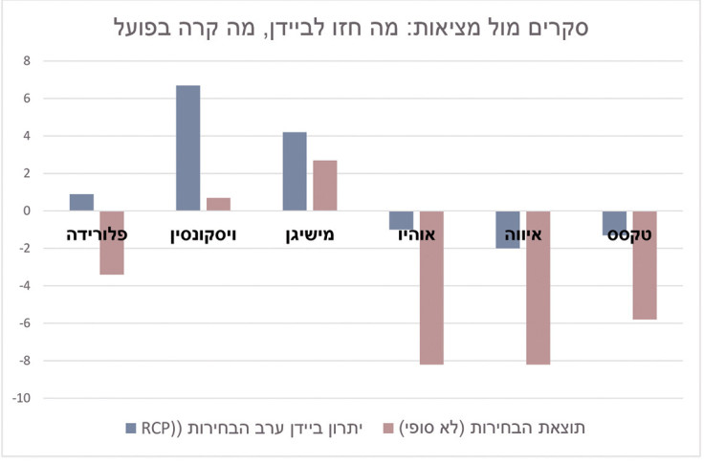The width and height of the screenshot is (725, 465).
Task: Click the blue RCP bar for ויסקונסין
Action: [188, 147]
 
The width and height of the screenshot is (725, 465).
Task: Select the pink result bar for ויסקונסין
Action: [218, 204]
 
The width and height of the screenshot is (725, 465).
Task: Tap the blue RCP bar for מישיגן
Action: [295, 171]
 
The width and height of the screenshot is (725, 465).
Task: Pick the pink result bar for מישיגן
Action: [325, 186]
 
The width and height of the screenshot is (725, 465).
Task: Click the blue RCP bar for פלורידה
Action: [82, 202]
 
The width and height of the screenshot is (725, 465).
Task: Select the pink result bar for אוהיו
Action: [431, 287]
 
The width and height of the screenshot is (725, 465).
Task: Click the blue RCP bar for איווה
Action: [508, 230]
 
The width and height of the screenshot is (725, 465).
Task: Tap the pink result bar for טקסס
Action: [645, 265]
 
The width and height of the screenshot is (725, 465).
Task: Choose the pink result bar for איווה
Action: [538, 287]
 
